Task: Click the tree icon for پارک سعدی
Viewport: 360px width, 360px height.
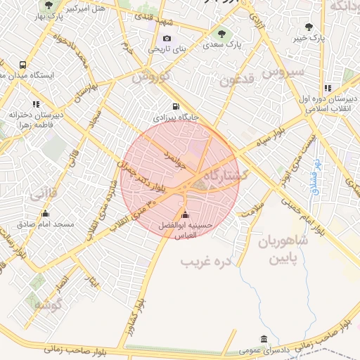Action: point(222,33)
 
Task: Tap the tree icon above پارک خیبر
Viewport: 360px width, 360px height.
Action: point(309,27)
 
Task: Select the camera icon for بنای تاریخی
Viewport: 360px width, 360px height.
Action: point(167,39)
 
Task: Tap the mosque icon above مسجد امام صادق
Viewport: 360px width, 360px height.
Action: point(46,213)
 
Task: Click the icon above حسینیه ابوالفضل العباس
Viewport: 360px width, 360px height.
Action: point(185,214)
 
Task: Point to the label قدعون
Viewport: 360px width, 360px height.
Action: point(235,79)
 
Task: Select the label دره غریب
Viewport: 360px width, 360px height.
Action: point(206,262)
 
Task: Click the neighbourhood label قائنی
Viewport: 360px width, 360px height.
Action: point(44,194)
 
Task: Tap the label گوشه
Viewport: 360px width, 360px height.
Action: point(49,304)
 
